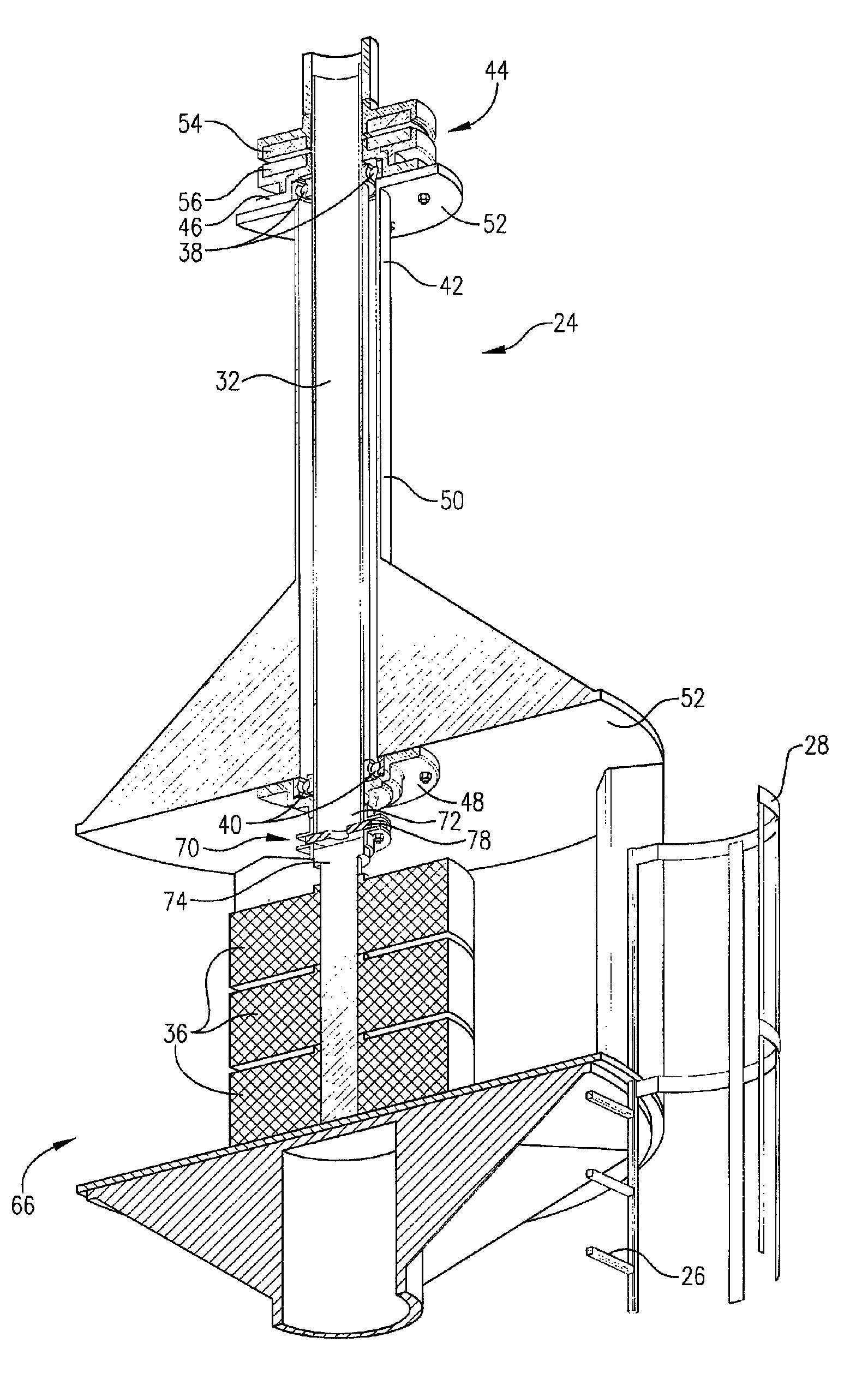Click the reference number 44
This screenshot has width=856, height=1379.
click(x=496, y=71)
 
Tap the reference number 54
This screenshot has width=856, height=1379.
click(x=190, y=124)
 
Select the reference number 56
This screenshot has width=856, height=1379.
click(x=190, y=202)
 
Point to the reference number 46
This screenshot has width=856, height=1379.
click(x=190, y=227)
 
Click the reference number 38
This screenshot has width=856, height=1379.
click(x=190, y=253)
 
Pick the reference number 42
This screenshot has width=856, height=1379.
click(x=451, y=286)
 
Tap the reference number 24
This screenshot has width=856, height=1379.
click(x=565, y=323)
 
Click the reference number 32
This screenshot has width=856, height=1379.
click(x=228, y=381)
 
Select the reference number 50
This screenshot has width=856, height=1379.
click(x=452, y=500)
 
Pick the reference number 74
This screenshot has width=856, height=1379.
click(x=175, y=900)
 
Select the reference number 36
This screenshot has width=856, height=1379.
click(x=175, y=1034)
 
